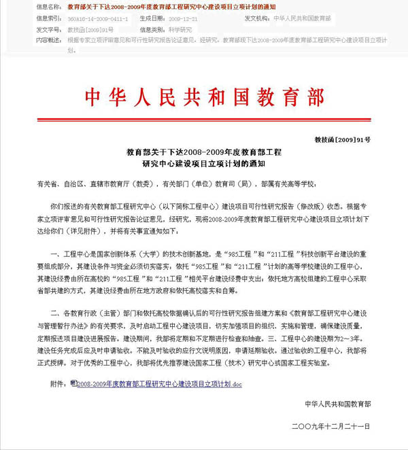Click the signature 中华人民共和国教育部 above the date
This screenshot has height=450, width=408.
(338, 404)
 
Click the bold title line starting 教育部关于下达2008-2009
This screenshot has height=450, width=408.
(203, 152)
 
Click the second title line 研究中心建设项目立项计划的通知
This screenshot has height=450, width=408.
(203, 164)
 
